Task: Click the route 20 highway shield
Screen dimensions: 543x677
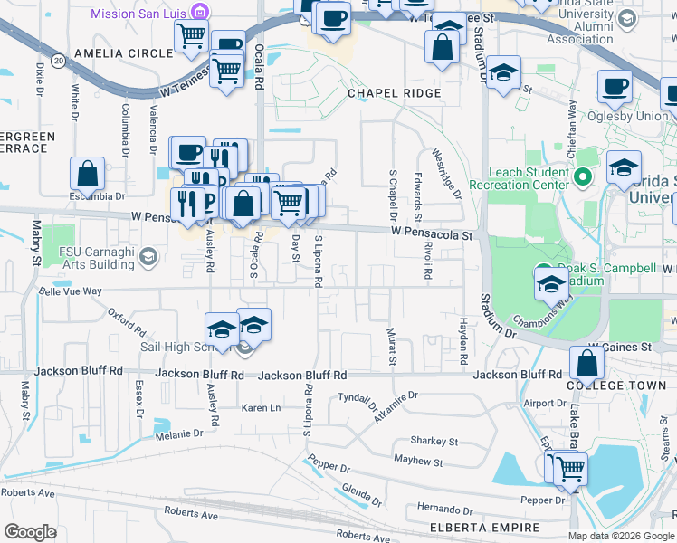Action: [x=58, y=60]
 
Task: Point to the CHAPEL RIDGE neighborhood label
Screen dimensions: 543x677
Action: [x=395, y=93]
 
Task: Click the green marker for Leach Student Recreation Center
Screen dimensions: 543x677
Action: [x=584, y=176]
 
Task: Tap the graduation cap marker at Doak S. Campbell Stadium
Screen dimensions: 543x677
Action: [x=550, y=285]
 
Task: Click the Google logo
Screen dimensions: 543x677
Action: [x=31, y=531]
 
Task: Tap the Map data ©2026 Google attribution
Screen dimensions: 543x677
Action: [x=622, y=536]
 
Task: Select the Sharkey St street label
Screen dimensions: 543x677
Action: [x=434, y=441]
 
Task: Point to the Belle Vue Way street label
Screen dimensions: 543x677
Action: [x=70, y=291]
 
